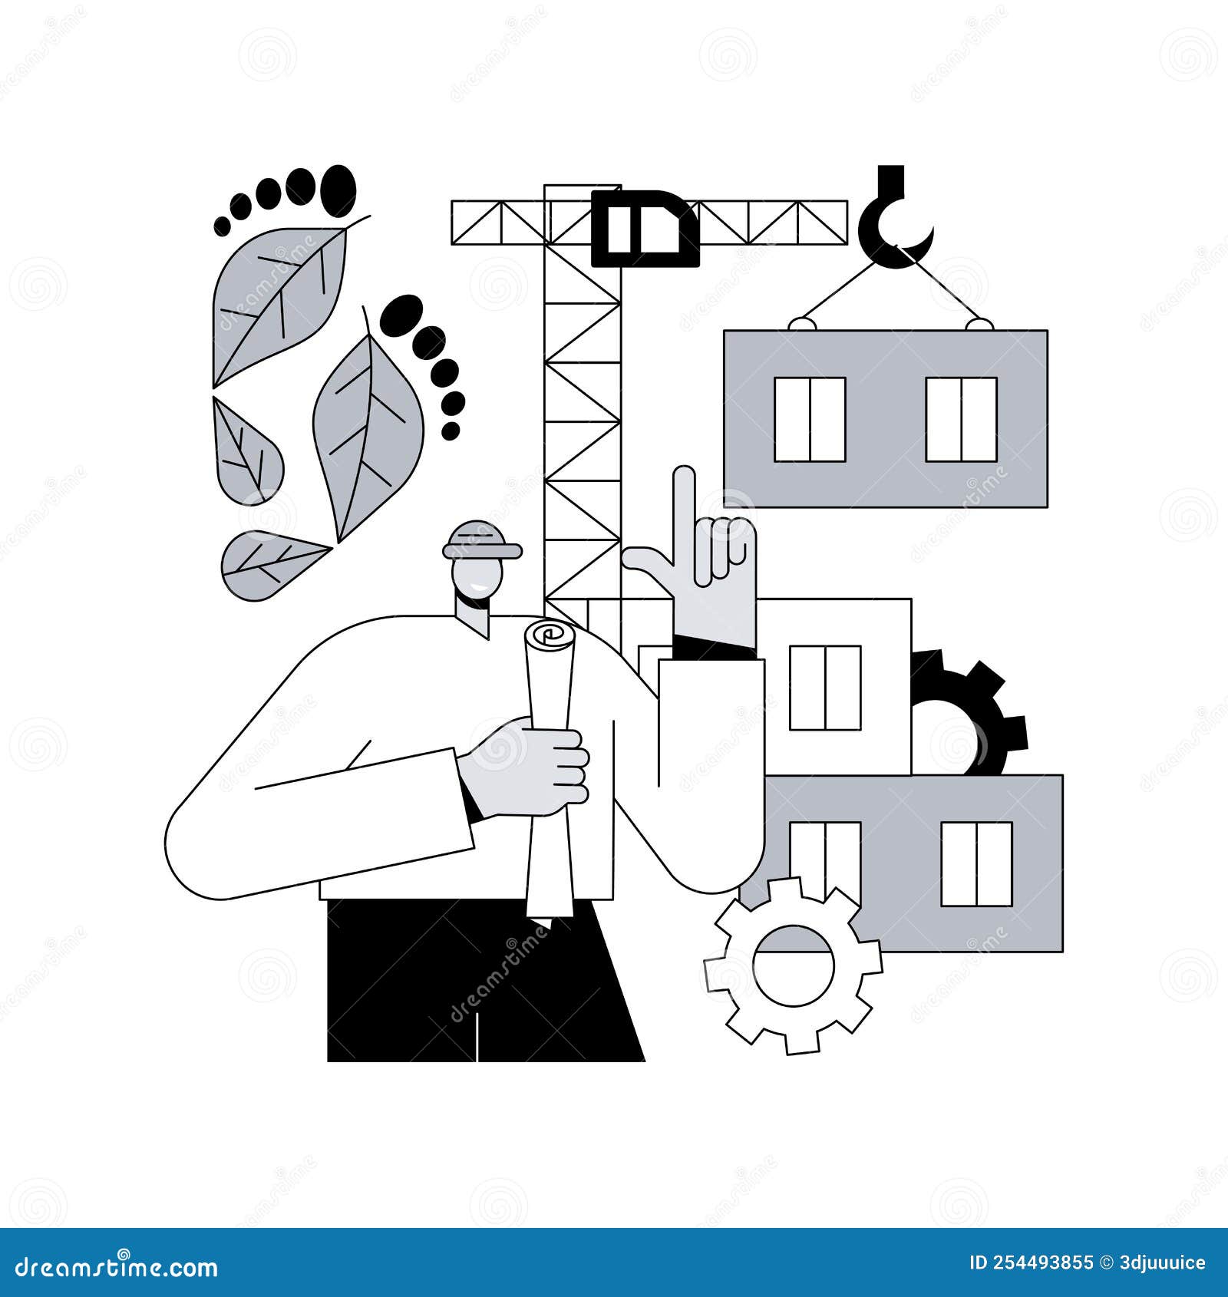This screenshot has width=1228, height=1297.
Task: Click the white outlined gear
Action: click(x=793, y=965)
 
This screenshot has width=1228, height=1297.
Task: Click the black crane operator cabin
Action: click(x=645, y=228)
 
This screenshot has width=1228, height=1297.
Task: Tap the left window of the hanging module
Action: click(x=810, y=419)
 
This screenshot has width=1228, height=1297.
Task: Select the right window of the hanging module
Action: click(x=961, y=419)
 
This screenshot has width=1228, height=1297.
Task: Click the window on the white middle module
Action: click(x=825, y=688)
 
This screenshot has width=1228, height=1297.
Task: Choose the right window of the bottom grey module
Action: click(x=976, y=863)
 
